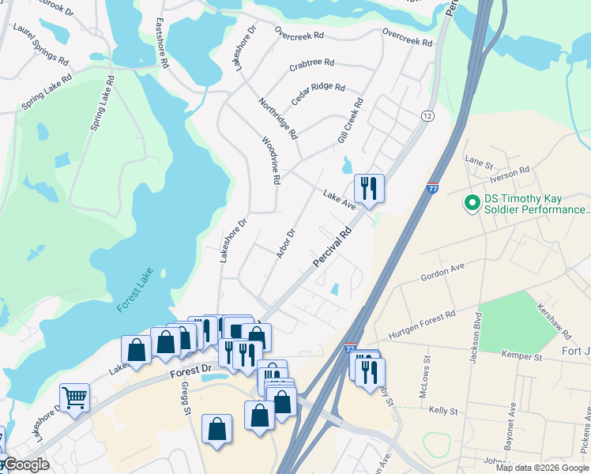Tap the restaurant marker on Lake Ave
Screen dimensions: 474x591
[369, 189]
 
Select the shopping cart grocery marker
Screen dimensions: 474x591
[74, 397]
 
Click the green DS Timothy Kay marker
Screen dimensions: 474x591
[472, 203]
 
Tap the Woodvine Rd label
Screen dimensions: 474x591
[271, 160]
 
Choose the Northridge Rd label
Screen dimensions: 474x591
[278, 118]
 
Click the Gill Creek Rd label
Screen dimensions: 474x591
[350, 121]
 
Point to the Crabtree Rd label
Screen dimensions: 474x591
[311, 62]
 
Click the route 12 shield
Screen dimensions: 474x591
[427, 115]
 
